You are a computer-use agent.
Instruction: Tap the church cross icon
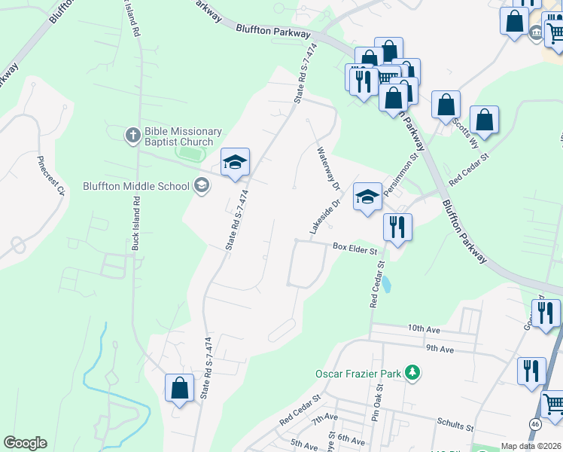point(132,135)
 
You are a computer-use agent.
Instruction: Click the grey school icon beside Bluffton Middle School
point(201,185)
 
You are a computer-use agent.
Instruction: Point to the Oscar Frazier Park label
point(358,373)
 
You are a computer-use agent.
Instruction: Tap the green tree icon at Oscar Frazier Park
point(412,372)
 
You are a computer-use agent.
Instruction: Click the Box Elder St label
point(355,248)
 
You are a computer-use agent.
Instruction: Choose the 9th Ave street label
point(440,349)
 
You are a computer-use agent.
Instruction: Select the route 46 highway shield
point(534,425)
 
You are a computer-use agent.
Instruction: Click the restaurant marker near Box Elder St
point(397,226)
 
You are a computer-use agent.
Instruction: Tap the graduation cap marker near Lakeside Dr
point(367,197)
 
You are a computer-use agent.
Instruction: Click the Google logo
point(25,443)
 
